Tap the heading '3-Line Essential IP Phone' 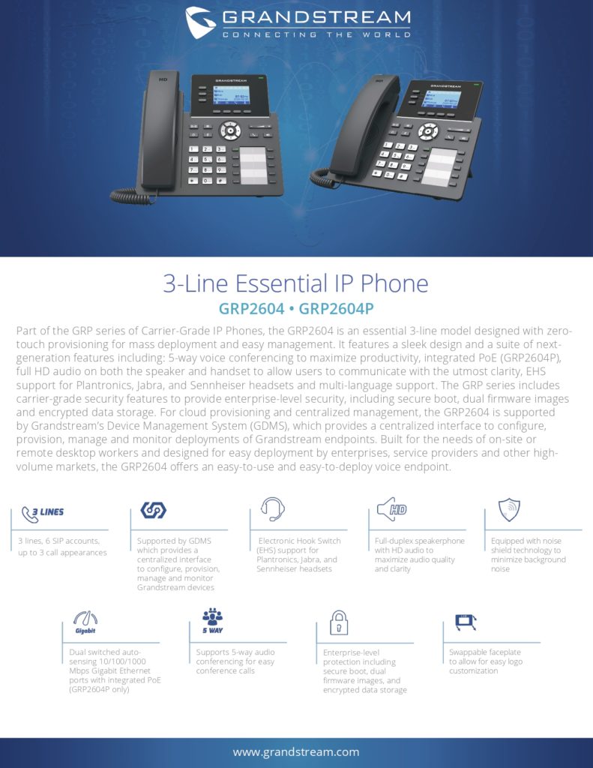tap(296, 283)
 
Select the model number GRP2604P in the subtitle tap(336, 308)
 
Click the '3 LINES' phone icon tap(43, 514)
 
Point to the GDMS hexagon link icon tap(153, 510)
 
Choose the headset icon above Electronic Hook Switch tap(273, 509)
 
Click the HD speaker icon tap(392, 509)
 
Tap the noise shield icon tap(509, 509)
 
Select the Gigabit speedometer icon tap(85, 622)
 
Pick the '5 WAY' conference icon tap(212, 621)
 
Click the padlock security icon tap(339, 622)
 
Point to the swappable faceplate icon tap(466, 622)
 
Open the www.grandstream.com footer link tap(296, 751)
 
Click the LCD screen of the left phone tap(231, 95)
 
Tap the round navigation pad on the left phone tap(230, 130)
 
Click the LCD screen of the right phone tap(441, 99)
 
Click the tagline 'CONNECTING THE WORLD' tap(316, 34)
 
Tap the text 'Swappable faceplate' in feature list tap(485, 652)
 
